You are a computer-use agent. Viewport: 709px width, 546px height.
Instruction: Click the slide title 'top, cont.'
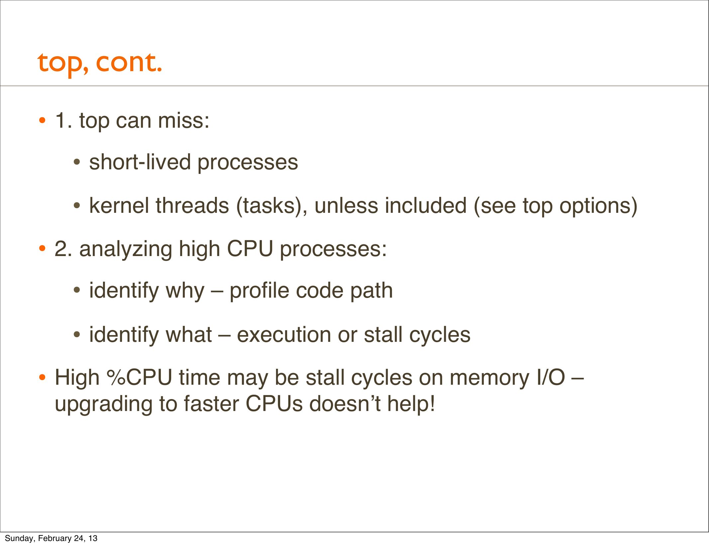click(100, 64)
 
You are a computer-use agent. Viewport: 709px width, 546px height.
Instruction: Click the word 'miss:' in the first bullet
click(183, 120)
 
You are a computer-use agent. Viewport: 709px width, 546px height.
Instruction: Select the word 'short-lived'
click(140, 162)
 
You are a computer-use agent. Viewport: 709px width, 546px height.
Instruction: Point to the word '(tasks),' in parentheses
click(272, 206)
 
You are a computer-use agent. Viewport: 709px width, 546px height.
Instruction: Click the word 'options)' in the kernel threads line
click(598, 206)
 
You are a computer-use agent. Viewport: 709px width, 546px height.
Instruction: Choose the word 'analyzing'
click(126, 249)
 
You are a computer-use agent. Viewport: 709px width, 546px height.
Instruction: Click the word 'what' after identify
click(189, 335)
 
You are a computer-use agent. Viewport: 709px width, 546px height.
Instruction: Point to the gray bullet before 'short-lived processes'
click(77, 163)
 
